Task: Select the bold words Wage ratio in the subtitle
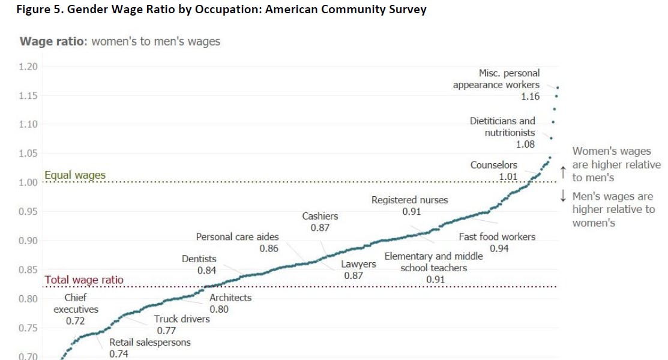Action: (53, 41)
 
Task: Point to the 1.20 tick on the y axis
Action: (28, 67)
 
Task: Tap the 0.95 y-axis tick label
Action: (28, 212)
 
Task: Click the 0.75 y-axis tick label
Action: (28, 328)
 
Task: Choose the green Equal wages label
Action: (75, 175)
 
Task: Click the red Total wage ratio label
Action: (85, 280)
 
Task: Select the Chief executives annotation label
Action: (76, 304)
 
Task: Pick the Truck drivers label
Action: (182, 319)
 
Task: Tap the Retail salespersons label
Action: (149, 343)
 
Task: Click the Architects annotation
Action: (230, 298)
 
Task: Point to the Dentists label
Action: (199, 259)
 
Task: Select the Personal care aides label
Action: (238, 237)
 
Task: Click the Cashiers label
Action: (320, 216)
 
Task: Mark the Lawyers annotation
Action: (358, 264)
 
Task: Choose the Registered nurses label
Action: (410, 200)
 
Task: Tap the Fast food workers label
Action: (497, 237)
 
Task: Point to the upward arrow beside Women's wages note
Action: (563, 172)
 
